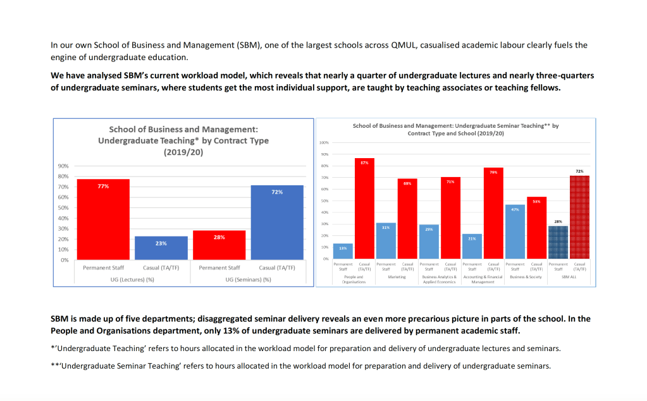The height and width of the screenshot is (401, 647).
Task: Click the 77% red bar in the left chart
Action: (x=103, y=219)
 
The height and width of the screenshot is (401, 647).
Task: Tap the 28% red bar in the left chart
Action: (x=219, y=245)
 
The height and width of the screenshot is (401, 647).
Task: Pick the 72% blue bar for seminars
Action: (x=277, y=223)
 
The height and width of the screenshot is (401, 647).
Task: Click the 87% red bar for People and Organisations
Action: (x=364, y=209)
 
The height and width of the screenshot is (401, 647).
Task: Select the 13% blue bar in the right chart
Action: (x=343, y=251)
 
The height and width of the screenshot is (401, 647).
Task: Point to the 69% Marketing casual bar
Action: (x=407, y=219)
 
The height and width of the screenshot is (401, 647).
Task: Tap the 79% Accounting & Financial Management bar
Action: (x=493, y=213)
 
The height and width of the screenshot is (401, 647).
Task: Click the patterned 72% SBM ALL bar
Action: (x=579, y=217)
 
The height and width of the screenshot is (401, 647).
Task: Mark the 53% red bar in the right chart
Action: (x=536, y=228)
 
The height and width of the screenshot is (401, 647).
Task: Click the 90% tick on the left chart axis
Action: (x=63, y=166)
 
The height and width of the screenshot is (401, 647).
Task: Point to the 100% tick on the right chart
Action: (x=324, y=143)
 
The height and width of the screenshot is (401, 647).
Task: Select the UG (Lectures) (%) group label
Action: (x=132, y=280)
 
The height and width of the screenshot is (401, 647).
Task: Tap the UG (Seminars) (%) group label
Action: (x=248, y=280)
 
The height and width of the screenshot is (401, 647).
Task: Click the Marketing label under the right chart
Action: (x=397, y=277)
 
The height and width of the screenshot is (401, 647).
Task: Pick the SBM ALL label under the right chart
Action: (x=569, y=277)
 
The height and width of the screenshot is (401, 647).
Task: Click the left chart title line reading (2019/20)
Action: (x=183, y=152)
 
